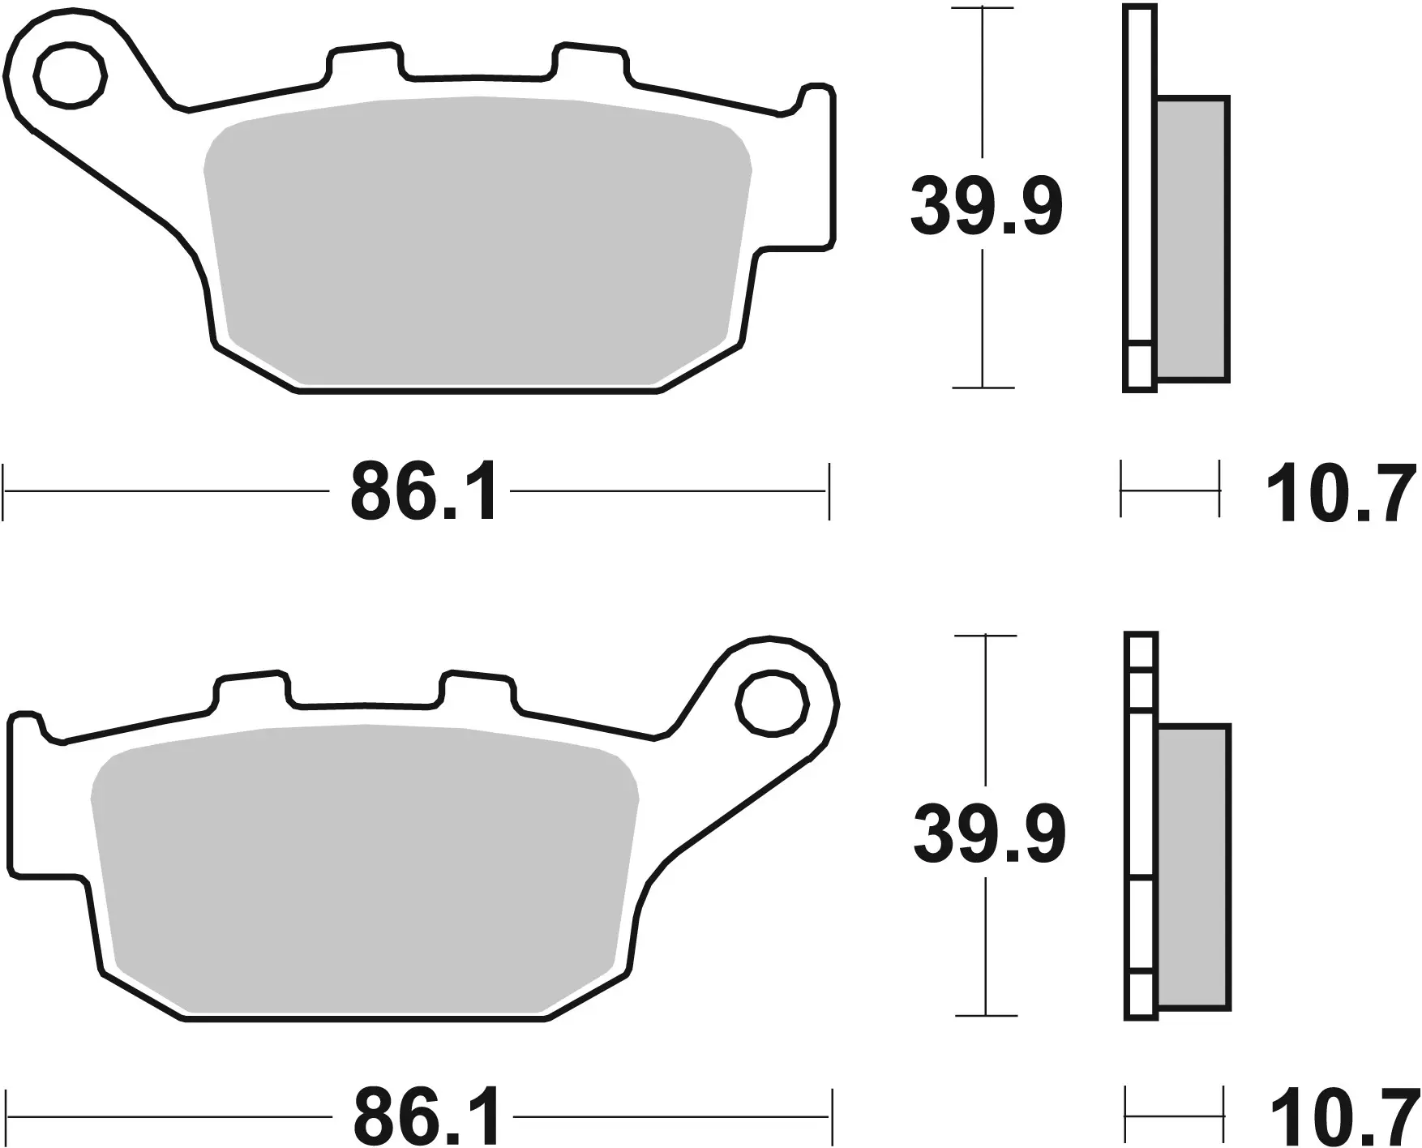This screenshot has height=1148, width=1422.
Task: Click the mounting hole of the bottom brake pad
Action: (x=772, y=703)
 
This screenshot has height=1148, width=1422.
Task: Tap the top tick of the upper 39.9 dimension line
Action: (x=983, y=8)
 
